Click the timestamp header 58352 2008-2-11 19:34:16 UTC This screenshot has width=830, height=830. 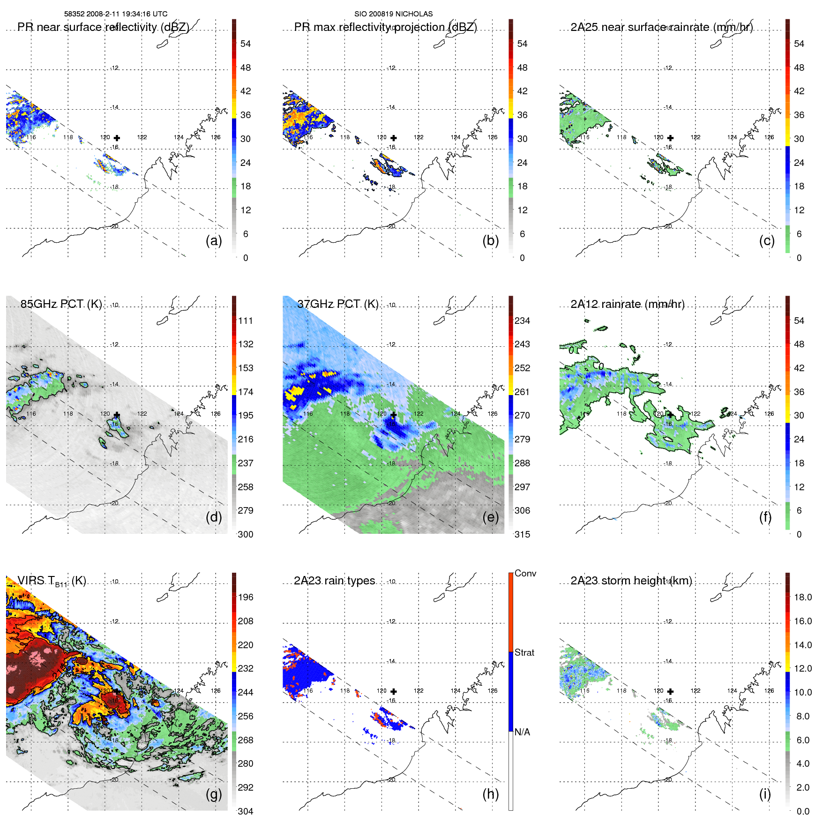click(116, 14)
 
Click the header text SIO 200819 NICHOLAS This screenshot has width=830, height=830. click(393, 14)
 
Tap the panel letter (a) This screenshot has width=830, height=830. click(214, 241)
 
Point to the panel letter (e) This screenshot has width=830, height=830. click(491, 517)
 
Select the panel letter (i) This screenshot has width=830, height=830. click(765, 794)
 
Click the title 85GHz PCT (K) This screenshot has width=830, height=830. click(61, 304)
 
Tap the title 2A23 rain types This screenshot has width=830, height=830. click(335, 581)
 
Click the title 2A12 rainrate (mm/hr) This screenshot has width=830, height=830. click(628, 304)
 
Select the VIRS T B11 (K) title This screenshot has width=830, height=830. click(52, 581)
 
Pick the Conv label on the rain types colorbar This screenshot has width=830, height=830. click(525, 573)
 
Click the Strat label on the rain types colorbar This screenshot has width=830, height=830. click(524, 652)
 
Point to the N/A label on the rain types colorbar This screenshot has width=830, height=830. click(522, 732)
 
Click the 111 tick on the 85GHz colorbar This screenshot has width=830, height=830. click(246, 321)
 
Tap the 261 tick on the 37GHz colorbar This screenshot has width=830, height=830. click(522, 392)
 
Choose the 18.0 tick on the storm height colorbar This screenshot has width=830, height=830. click(803, 597)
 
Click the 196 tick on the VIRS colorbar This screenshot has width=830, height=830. click(246, 597)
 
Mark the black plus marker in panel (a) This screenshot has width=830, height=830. click(117, 138)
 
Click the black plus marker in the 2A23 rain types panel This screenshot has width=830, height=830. click(394, 691)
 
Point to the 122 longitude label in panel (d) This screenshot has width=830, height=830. click(142, 414)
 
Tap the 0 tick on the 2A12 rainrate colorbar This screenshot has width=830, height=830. click(799, 534)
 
